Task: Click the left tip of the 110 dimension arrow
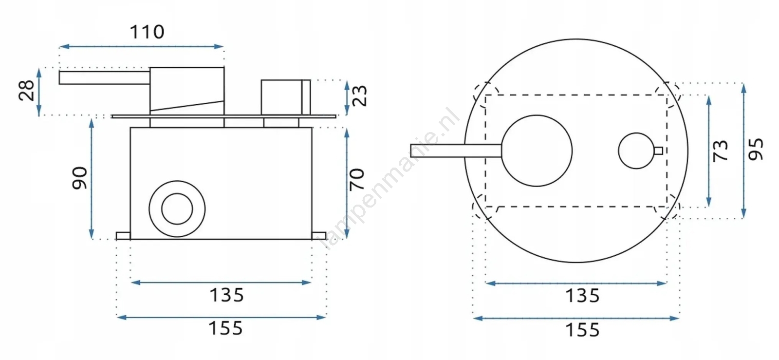59,46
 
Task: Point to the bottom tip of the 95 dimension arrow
743,218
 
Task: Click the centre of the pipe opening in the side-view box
177,209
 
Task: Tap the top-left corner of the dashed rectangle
485,95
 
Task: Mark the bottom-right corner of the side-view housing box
312,239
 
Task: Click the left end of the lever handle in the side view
59,77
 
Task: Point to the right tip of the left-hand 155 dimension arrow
326,317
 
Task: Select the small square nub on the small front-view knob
658,151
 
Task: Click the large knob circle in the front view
537,151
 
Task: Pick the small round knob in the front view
636,151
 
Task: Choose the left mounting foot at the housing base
123,236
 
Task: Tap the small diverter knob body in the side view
286,97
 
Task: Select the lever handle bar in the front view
456,151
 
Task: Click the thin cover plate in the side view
224,116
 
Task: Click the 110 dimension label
147,32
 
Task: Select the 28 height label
27,91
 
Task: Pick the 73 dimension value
720,151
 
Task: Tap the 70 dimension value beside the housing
357,179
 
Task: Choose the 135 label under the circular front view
582,296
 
